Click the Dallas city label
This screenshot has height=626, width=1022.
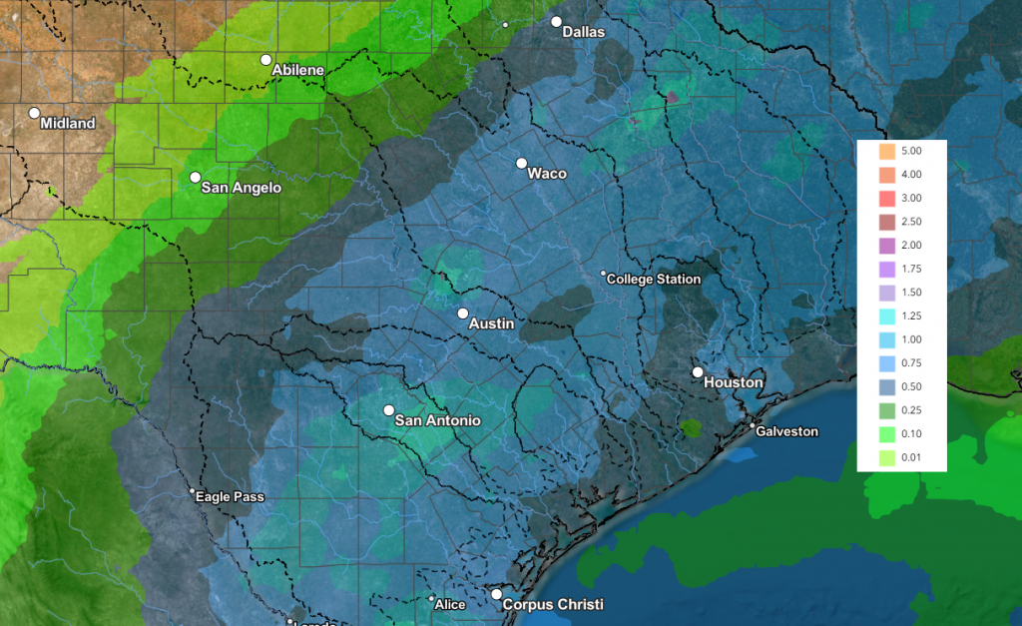coord(584,32)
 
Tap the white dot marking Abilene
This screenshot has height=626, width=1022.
coord(266,60)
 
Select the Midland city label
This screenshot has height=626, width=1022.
coord(68,124)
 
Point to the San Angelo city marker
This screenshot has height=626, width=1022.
coord(196,178)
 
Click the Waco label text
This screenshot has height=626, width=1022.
coord(547,174)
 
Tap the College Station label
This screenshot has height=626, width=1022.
coord(654,280)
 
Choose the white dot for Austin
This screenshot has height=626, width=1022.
coord(463,313)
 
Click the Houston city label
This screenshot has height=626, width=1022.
coord(734,382)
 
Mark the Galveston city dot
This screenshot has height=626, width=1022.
coord(753,425)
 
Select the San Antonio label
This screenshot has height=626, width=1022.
coord(438,420)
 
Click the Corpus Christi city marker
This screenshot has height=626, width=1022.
coord(496,594)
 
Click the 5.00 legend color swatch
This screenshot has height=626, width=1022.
coord(885,152)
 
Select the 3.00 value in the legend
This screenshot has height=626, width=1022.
coord(910,199)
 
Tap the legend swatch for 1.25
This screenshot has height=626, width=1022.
coord(885,316)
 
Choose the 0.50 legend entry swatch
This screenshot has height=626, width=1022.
coord(885,387)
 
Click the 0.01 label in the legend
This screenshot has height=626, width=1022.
coord(910,458)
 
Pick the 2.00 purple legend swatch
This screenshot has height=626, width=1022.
coord(885,246)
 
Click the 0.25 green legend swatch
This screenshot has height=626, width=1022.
coord(885,410)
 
